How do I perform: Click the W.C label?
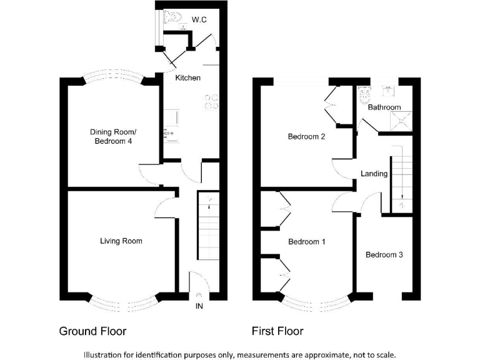(x=199, y=21)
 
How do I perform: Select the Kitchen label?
(x=187, y=78)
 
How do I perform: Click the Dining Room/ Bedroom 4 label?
(x=113, y=137)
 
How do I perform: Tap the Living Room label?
(x=121, y=241)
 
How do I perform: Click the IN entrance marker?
(x=199, y=306)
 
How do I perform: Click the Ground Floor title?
(x=96, y=331)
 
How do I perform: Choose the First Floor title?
(x=277, y=331)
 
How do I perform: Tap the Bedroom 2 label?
(x=306, y=137)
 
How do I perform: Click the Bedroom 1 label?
(x=306, y=241)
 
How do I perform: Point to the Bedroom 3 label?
(x=384, y=255)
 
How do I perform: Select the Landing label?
(x=374, y=174)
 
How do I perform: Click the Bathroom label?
(x=384, y=107)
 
